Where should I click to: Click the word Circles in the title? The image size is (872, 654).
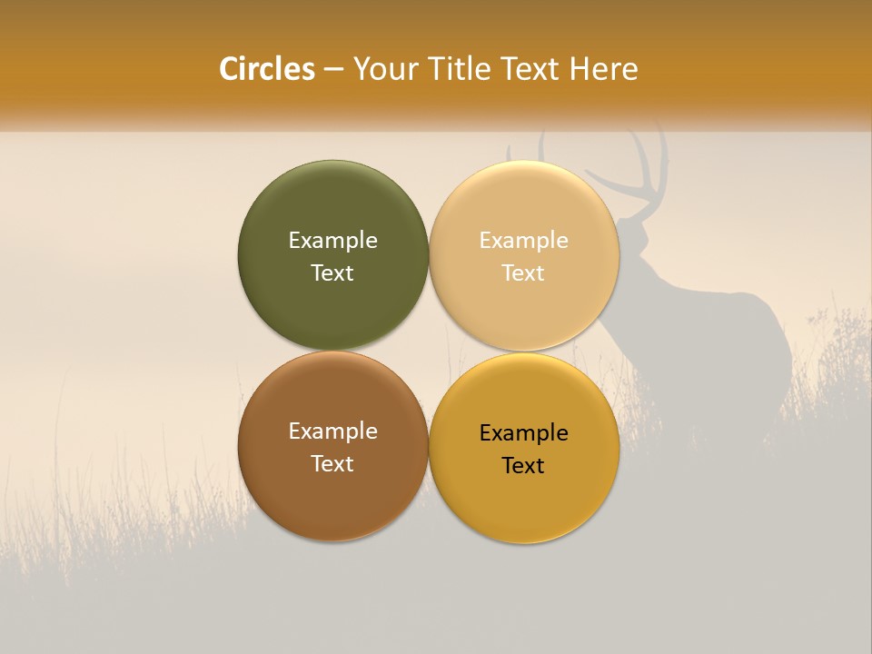coord(267,69)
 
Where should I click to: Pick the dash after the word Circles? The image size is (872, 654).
coord(333,70)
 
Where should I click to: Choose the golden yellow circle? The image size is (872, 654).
coord(523,500)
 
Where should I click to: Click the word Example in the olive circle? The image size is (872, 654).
coord(332,241)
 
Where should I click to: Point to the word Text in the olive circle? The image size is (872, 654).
coord(332,273)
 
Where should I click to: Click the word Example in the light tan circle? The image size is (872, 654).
coord(523,241)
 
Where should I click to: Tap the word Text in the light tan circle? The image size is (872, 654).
coord(523,273)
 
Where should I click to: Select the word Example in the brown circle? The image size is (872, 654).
coord(332,431)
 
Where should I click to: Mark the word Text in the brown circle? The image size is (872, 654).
coord(332,464)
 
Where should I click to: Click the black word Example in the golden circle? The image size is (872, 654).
coord(523,433)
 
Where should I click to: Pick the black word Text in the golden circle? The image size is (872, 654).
coord(523,466)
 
